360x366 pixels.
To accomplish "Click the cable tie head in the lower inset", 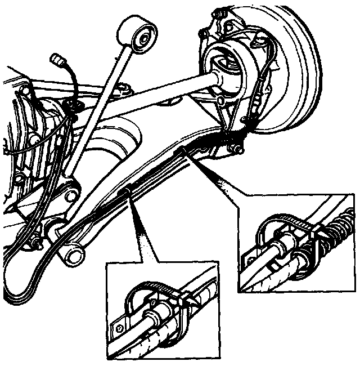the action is point(180,298).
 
